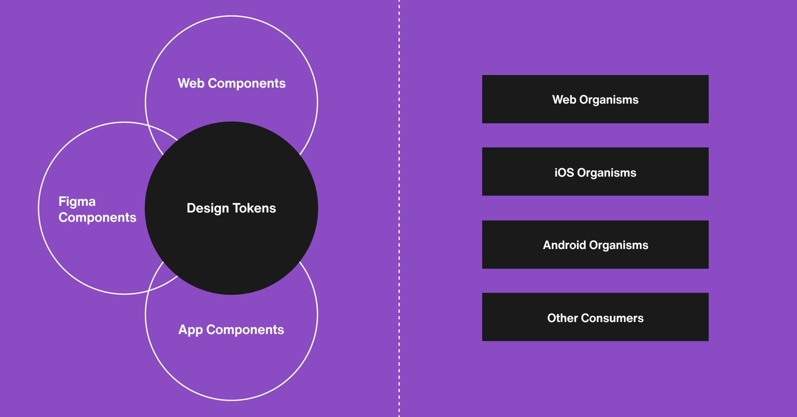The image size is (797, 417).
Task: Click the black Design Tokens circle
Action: (x=231, y=208)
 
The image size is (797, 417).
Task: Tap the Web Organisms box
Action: (x=595, y=99)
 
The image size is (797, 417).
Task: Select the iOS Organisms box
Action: (x=595, y=172)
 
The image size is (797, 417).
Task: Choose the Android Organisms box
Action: (x=595, y=244)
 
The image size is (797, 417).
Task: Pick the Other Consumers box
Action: (x=595, y=317)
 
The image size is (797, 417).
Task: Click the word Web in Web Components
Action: (x=191, y=83)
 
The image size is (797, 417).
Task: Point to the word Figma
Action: (x=77, y=202)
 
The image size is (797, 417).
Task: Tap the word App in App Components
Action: (x=191, y=330)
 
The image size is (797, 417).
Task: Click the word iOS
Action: (x=564, y=173)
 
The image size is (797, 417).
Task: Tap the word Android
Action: (x=564, y=245)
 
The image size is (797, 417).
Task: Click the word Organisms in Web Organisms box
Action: (x=609, y=100)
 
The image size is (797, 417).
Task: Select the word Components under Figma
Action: (x=97, y=218)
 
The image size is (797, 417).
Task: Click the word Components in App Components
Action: (x=245, y=330)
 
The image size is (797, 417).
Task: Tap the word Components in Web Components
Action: (x=247, y=83)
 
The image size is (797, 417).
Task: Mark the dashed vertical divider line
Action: (x=399, y=208)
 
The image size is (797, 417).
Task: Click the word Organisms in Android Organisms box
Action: (x=619, y=245)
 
